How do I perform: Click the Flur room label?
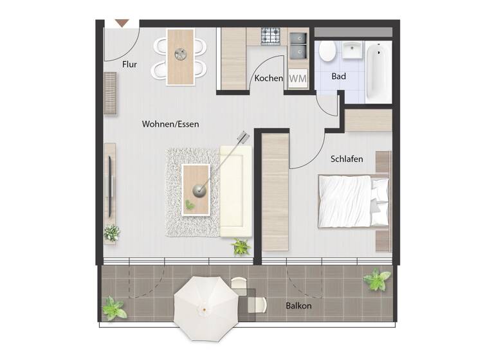click(129, 64)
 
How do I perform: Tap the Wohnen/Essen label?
click(170, 124)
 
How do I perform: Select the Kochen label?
click(268, 78)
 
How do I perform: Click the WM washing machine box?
click(298, 78)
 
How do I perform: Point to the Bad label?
click(339, 76)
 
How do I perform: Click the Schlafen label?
click(347, 159)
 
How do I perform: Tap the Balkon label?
click(298, 306)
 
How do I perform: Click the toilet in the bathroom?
click(327, 51)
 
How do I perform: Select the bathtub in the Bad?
click(378, 71)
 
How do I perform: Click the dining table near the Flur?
click(180, 57)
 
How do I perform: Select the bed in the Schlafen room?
click(353, 201)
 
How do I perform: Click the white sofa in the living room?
click(235, 190)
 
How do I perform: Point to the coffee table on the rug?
click(196, 189)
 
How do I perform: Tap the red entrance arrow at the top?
click(122, 24)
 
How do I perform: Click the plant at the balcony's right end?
click(376, 280)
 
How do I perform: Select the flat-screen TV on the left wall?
click(110, 186)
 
